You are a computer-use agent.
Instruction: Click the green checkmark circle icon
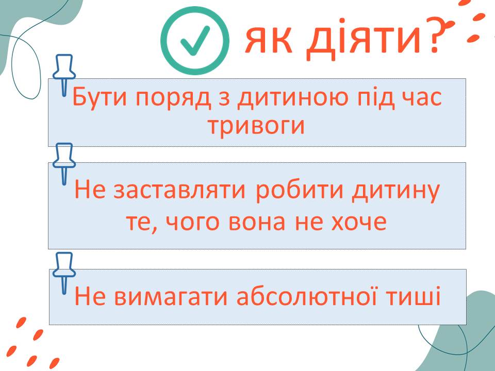point(195,40)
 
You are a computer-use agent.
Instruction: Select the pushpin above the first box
point(64,75)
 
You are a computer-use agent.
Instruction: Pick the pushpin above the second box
point(64,164)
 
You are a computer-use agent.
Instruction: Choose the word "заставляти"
point(179,191)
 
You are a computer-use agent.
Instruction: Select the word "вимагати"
point(171,297)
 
